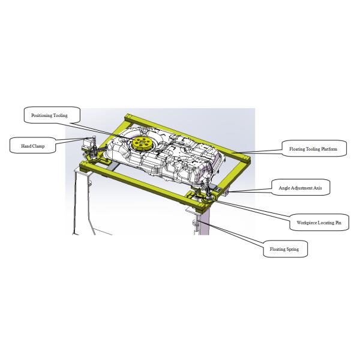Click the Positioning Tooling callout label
52,115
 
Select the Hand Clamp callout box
33,145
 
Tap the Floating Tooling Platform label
314,149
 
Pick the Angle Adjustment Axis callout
301,187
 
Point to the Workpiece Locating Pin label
319,222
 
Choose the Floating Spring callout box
285,249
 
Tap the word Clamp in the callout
38,146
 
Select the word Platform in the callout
329,149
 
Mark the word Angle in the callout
284,188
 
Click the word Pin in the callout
338,223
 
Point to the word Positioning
42,115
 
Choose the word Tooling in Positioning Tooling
61,115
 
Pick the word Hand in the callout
26,146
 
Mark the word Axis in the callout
318,188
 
